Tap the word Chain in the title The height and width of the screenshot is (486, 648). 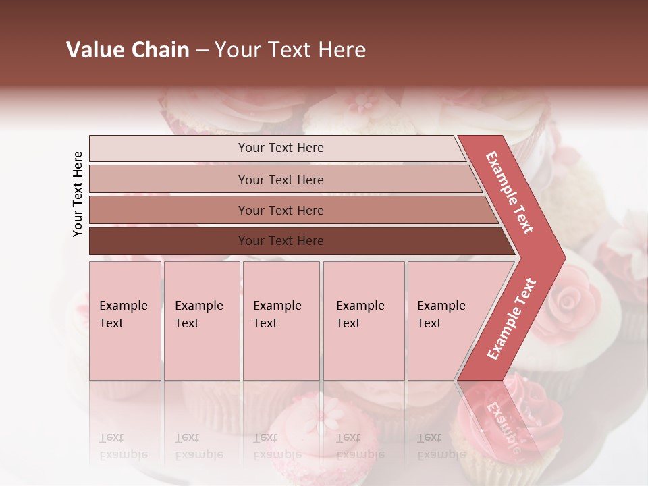(160, 50)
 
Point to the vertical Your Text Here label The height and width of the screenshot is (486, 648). (78, 194)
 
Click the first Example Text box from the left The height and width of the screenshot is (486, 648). (125, 321)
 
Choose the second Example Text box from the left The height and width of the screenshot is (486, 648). (202, 321)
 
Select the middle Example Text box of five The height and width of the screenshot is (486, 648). (281, 321)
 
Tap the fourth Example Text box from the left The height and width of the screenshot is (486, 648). (364, 321)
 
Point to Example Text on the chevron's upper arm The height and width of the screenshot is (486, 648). (510, 192)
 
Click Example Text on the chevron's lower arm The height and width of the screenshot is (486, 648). (512, 319)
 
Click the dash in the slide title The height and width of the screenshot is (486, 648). (202, 51)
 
